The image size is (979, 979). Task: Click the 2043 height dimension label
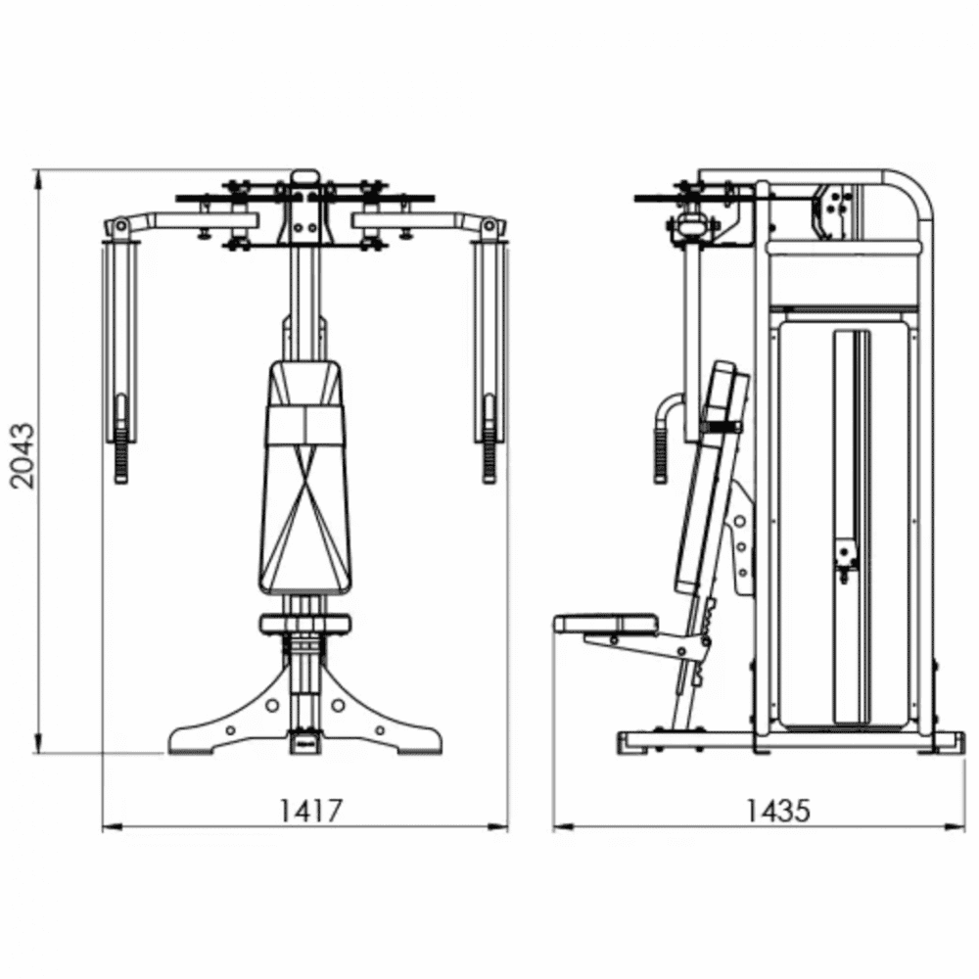[x=24, y=455]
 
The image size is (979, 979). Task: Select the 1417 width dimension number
[x=310, y=811]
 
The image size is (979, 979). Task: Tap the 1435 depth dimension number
[x=778, y=811]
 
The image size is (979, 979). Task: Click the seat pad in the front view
[x=305, y=624]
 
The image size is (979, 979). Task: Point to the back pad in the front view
[x=305, y=478]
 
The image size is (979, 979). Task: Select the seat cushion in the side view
[x=606, y=623]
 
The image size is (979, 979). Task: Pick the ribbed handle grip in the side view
[x=661, y=457]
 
